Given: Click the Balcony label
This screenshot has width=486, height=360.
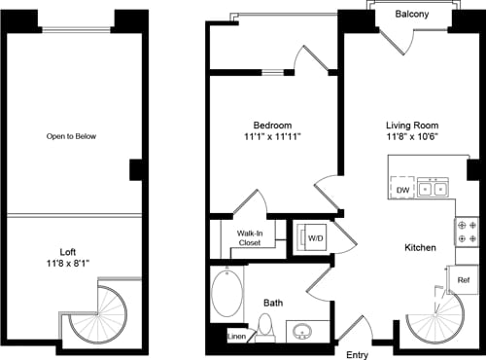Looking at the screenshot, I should coord(412,14).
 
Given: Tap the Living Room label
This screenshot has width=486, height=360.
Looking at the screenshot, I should coord(412,126).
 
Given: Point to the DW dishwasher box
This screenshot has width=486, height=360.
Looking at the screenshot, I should coord(401,190).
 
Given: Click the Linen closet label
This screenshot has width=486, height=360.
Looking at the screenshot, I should coord(236,337).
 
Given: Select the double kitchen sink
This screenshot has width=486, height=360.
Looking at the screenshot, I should coord(434,190).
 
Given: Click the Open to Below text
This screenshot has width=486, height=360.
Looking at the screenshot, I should coord(72,136).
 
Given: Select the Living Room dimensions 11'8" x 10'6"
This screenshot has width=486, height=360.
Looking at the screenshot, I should coord(412,139).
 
